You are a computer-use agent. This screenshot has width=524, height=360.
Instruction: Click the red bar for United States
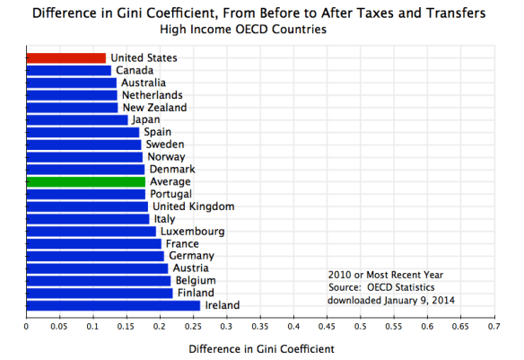coord(65,58)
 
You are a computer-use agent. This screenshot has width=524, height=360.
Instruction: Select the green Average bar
coord(85,181)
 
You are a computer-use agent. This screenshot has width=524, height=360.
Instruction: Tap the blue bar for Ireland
coord(113,305)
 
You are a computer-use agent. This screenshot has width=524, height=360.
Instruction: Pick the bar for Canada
coord(68,70)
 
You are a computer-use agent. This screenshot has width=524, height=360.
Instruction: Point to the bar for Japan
coord(77,119)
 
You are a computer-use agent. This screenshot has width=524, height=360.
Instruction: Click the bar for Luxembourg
coord(91,231)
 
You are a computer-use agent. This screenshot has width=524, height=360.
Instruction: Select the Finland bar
coord(99,293)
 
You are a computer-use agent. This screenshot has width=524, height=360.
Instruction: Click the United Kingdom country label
coord(193,206)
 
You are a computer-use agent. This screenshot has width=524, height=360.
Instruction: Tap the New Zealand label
coord(154,108)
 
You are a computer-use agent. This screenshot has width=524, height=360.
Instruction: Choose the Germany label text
coord(189,256)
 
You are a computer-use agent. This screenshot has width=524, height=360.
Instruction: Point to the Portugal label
coord(170,194)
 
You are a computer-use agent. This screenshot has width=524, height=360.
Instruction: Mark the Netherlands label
coord(152,95)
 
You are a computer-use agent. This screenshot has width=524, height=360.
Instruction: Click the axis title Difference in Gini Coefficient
coord(259,348)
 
